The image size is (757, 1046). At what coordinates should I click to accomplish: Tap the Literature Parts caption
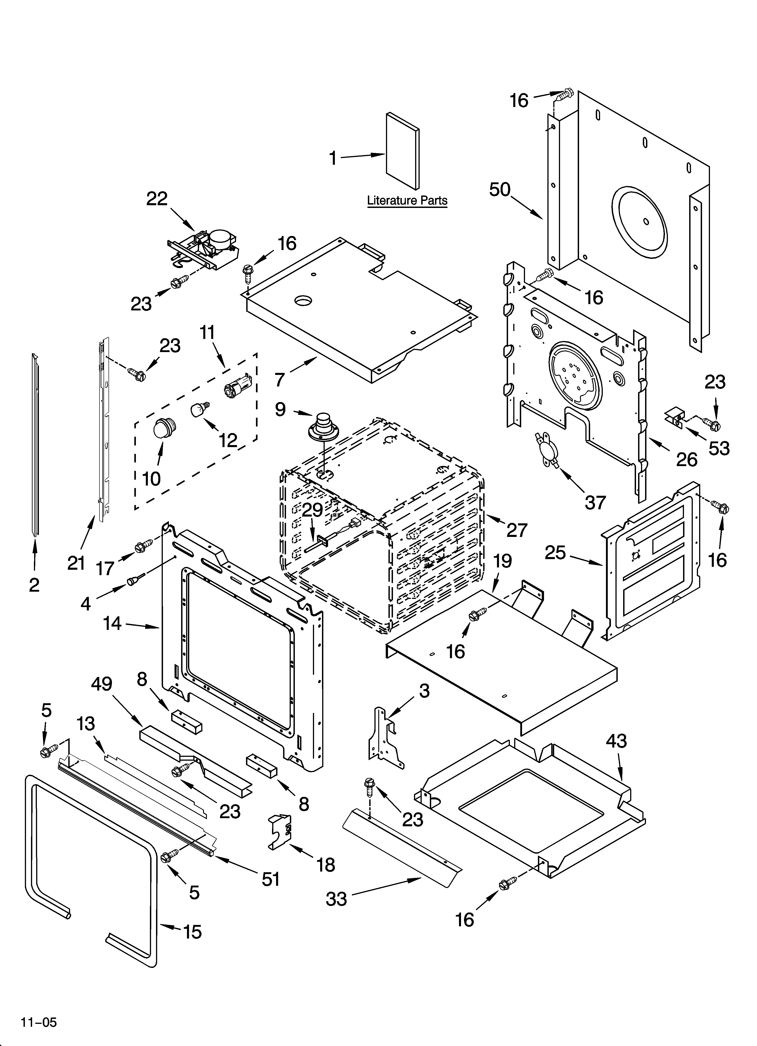407,201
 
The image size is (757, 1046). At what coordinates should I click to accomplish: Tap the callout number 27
517,530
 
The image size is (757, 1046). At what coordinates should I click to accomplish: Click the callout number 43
616,741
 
